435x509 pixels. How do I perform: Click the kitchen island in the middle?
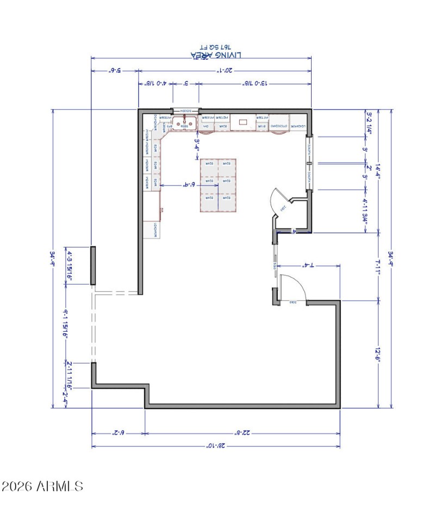217,185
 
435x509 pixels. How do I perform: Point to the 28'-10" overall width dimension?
216,446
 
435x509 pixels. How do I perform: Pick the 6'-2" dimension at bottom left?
119,433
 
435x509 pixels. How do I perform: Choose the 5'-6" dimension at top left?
115,71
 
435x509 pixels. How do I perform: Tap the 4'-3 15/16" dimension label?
69,265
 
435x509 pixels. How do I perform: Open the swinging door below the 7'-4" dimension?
294,288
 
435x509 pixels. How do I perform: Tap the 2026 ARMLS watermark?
42,485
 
